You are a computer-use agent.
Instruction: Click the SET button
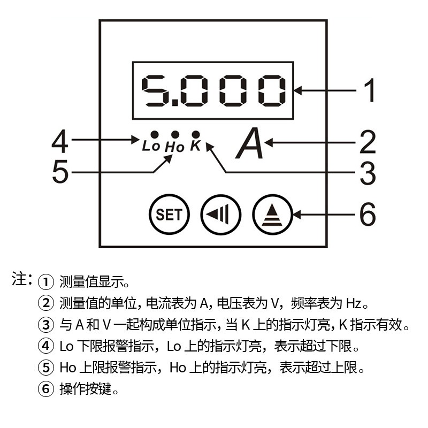click(169, 215)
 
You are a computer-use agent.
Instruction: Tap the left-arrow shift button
click(221, 215)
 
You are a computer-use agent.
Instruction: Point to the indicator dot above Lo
click(154, 134)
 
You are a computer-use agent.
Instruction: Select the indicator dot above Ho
click(174, 134)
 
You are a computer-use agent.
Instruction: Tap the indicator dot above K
click(196, 134)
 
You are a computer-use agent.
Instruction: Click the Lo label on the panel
click(151, 146)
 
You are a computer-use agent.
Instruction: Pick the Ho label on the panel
click(174, 146)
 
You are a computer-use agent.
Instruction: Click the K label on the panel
click(195, 145)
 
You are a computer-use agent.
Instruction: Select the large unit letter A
click(250, 144)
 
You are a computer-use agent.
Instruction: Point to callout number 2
click(368, 142)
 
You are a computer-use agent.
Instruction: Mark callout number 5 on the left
click(60, 172)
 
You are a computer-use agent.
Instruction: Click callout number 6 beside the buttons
click(368, 215)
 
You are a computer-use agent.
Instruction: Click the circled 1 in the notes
click(47, 281)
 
